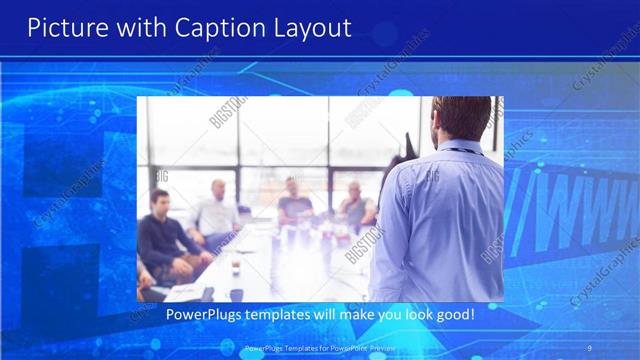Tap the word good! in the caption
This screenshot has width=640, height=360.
point(453,315)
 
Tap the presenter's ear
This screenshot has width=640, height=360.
point(437,124)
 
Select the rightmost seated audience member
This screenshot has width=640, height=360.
point(356,205)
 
